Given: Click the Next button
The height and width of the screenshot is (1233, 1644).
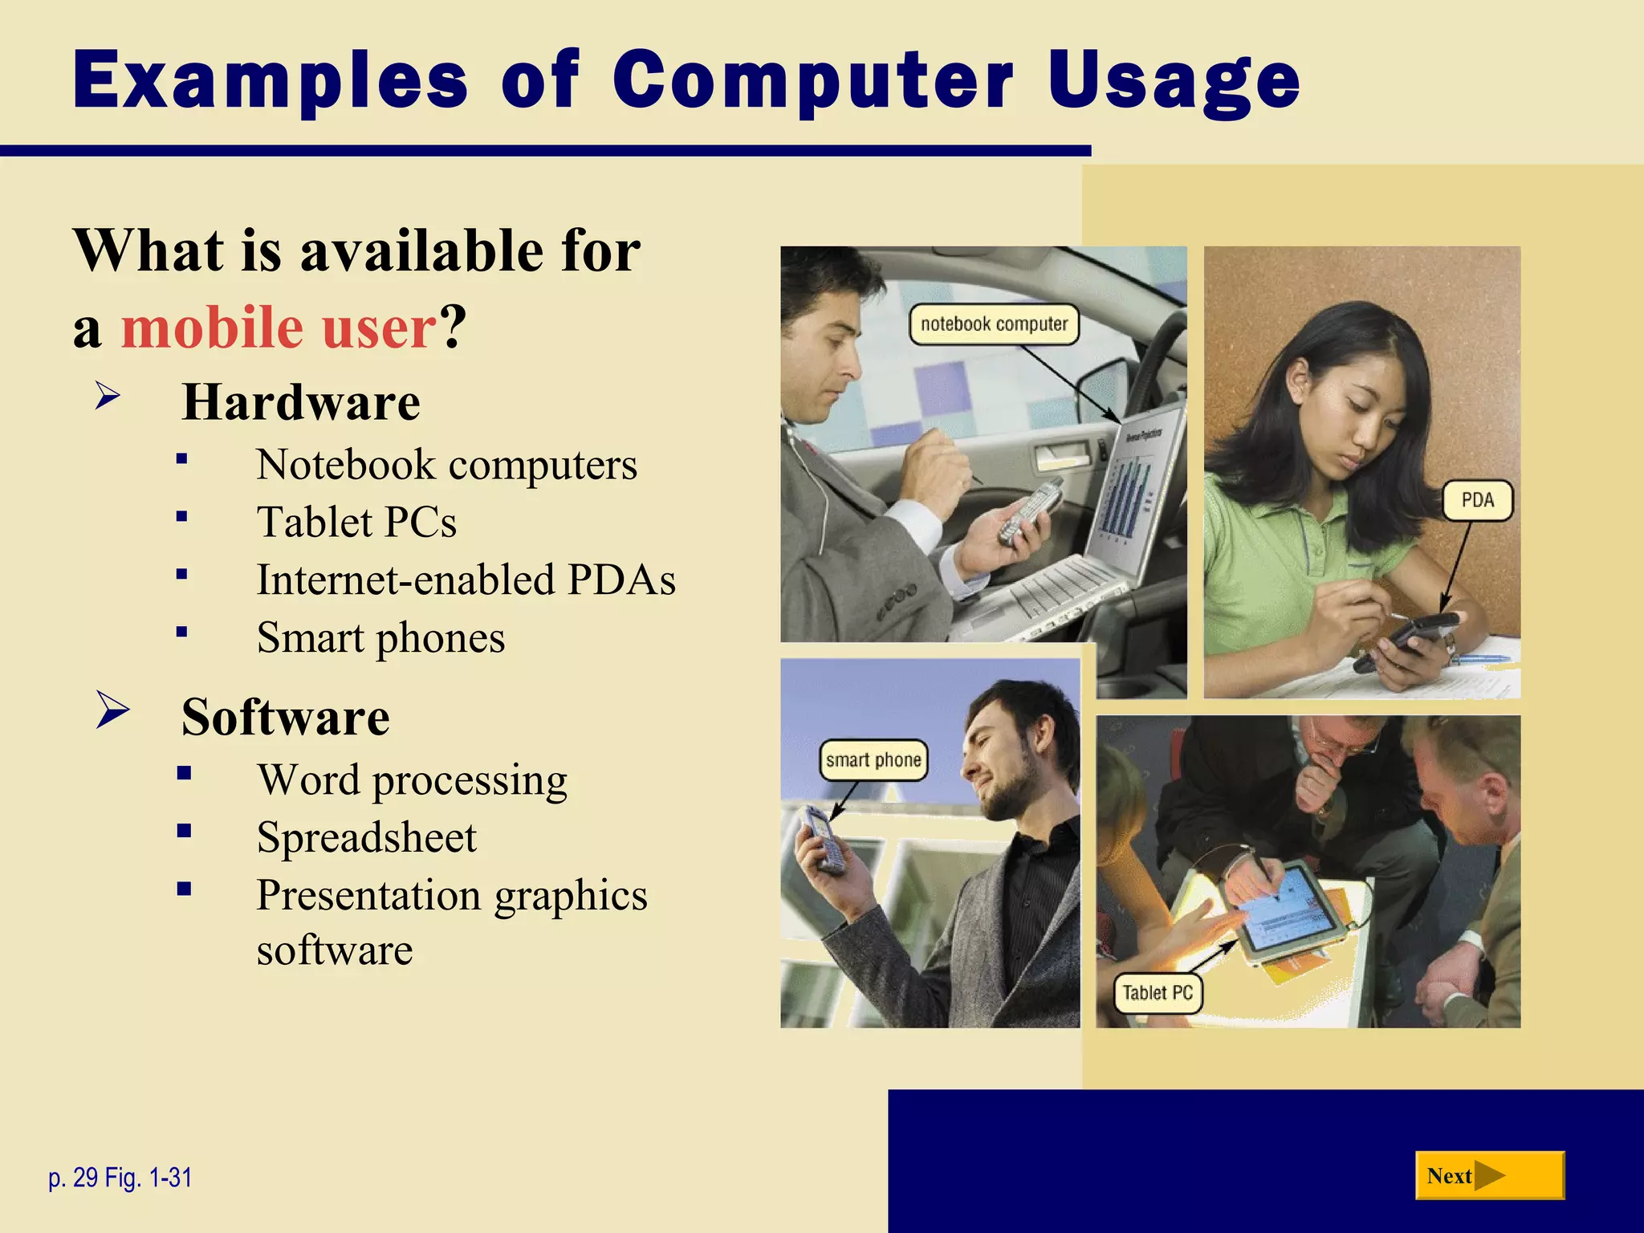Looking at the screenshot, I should pos(1489,1175).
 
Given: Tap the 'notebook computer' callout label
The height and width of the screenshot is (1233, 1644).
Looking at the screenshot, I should pos(994,324).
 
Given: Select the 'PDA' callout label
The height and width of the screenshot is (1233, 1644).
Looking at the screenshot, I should pos(1477,500).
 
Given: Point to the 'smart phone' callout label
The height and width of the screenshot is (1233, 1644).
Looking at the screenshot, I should pos(873,760).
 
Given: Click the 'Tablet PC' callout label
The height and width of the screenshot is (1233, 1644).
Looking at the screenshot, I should pos(1157,993).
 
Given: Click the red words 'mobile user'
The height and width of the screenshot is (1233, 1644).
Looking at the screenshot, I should pos(279,328).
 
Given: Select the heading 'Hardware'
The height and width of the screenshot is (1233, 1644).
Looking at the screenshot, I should pos(301,401).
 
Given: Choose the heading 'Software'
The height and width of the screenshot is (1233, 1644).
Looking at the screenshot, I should pos(286,716).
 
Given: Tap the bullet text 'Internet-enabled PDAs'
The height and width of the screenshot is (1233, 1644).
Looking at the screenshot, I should pos(466,580).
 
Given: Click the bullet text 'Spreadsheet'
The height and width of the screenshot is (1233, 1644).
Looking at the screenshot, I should pos(367,837).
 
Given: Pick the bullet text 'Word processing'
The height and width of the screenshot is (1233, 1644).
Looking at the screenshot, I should pos(412,779).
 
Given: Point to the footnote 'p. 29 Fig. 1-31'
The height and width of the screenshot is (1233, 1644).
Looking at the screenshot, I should pos(120,1178).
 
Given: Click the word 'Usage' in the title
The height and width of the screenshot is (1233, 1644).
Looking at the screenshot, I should pos(1173,80).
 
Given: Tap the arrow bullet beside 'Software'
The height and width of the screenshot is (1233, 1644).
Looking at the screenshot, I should pos(112,710).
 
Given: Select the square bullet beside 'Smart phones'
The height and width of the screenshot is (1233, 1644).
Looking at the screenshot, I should pos(182,632).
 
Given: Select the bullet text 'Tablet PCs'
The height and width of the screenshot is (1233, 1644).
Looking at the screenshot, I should pos(356,522).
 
